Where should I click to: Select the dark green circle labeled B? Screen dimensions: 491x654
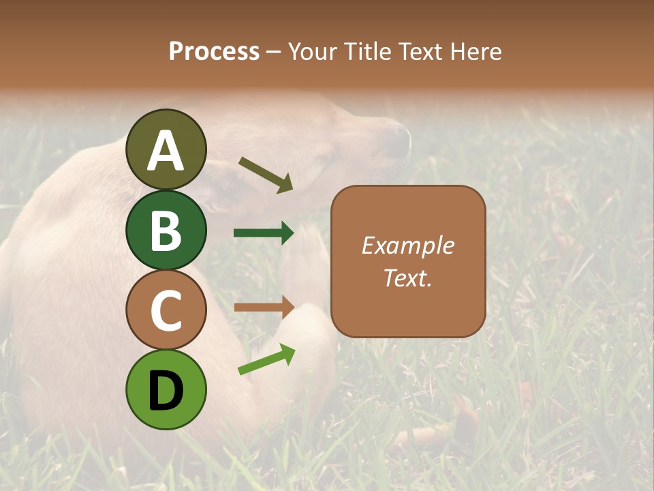pyautogui.click(x=166, y=230)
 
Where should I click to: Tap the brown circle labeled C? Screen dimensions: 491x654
pyautogui.click(x=166, y=310)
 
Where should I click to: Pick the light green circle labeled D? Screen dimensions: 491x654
pyautogui.click(x=166, y=390)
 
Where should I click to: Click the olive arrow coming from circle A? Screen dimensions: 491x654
pyautogui.click(x=266, y=175)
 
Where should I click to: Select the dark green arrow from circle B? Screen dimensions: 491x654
pyautogui.click(x=264, y=233)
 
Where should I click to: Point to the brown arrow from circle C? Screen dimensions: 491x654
pyautogui.click(x=264, y=307)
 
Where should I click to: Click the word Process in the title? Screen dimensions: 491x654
pyautogui.click(x=214, y=52)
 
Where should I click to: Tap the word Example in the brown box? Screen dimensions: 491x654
pyautogui.click(x=407, y=245)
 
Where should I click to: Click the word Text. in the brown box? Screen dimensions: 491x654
pyautogui.click(x=407, y=278)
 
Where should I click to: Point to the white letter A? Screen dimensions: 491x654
pyautogui.click(x=166, y=151)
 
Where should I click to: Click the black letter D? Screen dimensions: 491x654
pyautogui.click(x=166, y=391)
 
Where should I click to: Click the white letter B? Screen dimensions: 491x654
pyautogui.click(x=166, y=230)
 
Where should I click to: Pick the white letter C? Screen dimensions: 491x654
pyautogui.click(x=166, y=311)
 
